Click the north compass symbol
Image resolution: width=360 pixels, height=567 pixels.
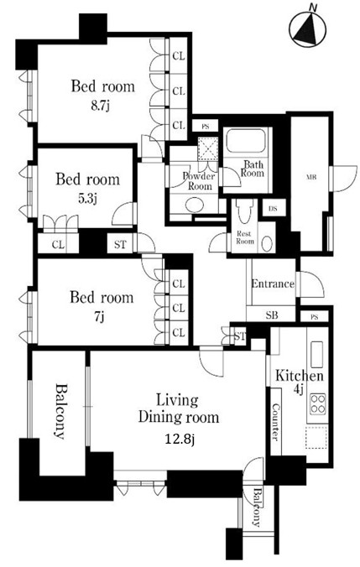[x=308, y=29]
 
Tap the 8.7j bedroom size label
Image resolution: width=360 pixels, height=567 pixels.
[x=100, y=106]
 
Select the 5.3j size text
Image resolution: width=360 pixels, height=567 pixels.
[x=88, y=199]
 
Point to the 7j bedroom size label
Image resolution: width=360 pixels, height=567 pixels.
[x=100, y=317]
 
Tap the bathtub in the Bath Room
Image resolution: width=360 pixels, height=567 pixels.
[x=248, y=142]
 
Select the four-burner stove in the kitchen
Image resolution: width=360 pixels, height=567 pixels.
[x=317, y=403]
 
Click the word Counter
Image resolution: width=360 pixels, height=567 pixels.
[x=276, y=422]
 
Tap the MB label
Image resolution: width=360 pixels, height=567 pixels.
[x=311, y=177]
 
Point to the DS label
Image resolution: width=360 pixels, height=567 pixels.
[x=274, y=209]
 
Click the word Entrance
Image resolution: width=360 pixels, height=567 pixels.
[x=273, y=283]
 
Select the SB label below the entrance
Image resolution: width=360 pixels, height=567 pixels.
[x=272, y=315]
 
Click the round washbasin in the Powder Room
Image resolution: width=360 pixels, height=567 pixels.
[x=195, y=205]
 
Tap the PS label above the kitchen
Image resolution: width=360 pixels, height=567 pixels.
[x=315, y=317]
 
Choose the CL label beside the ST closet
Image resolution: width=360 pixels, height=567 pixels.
[x=58, y=245]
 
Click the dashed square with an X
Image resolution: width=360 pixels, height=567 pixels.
[x=207, y=149]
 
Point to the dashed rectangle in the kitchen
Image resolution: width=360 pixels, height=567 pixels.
[x=316, y=437]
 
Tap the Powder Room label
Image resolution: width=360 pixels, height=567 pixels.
[x=199, y=181]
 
